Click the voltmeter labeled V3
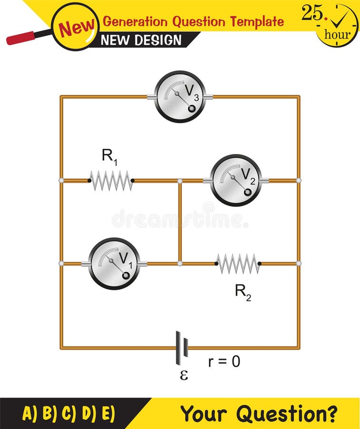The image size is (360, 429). click(180, 97)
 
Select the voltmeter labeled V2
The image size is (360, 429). click(236, 180)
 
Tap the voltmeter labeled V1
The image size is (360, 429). click(114, 264)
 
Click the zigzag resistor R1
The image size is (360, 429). click(111, 181)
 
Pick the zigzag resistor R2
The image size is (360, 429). click(238, 264)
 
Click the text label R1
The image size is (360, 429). click(109, 157)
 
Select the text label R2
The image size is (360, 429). click(242, 292)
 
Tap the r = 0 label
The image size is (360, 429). click(224, 362)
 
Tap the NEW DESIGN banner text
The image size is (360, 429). click(141, 40)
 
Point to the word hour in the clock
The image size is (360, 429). click(337, 35)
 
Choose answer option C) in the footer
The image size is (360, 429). click(69, 413)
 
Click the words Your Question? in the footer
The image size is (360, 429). click(259, 413)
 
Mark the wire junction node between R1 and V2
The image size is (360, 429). click(180, 181)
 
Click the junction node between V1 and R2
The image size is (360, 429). click(180, 264)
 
